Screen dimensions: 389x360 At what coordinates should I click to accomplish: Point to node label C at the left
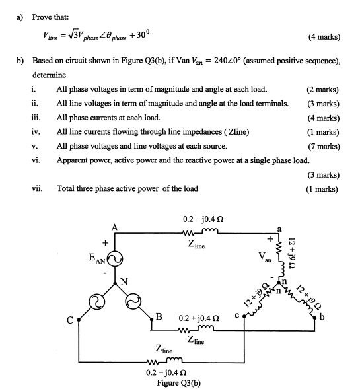[69, 322]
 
